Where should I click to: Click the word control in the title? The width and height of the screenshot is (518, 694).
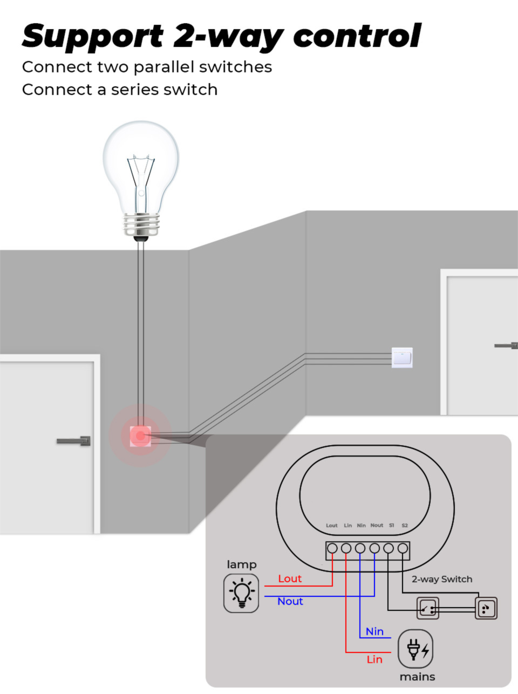[x=356, y=36]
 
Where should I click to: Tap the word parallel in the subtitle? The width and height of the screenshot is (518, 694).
[x=163, y=67]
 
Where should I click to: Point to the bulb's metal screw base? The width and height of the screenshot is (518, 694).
[x=141, y=224]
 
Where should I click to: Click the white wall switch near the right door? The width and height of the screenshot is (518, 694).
[x=402, y=357]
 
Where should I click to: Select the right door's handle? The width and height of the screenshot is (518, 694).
[x=507, y=345]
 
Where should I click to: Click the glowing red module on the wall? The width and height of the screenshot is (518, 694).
[x=140, y=436]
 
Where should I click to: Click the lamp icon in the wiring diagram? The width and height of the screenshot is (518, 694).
[x=241, y=593]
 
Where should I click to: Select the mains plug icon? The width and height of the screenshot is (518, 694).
[x=415, y=649]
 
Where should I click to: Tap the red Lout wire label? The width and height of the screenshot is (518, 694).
[x=290, y=579]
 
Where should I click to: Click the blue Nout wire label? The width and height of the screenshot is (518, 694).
[x=290, y=601]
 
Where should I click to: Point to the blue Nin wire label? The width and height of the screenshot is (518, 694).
[x=374, y=631]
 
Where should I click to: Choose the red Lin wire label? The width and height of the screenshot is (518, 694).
[x=374, y=659]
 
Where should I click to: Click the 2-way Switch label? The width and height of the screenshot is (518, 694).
[x=442, y=579]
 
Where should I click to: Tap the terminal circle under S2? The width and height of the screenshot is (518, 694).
[x=403, y=548]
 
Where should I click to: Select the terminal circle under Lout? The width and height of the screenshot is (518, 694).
[x=332, y=548]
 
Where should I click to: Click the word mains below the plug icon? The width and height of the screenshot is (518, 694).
[x=417, y=677]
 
